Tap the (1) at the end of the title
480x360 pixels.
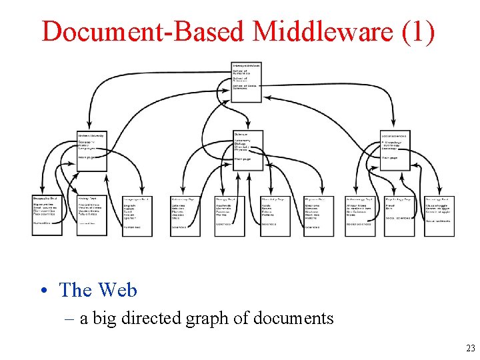point(417,31)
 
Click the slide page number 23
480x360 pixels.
point(470,347)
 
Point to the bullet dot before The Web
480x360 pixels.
point(43,291)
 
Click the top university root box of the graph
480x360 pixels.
point(247,82)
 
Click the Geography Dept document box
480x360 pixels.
point(47,215)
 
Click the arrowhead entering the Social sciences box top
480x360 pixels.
point(394,125)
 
